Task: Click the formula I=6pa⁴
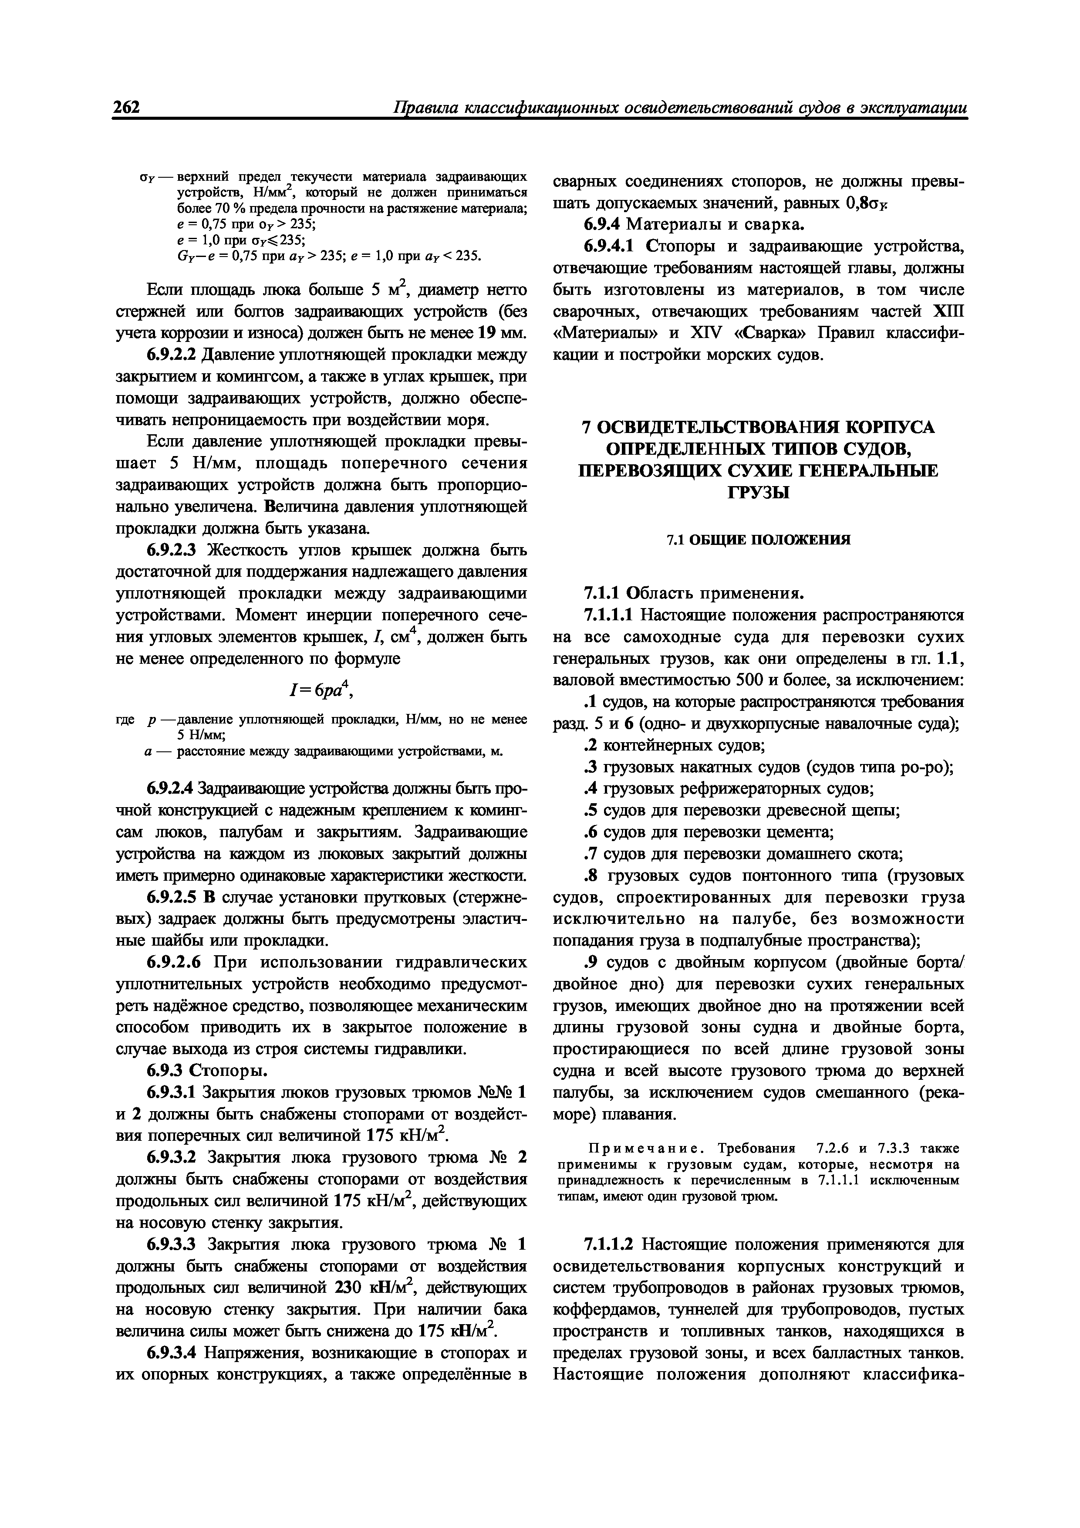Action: [x=321, y=691]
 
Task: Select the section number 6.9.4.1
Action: [x=611, y=247]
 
